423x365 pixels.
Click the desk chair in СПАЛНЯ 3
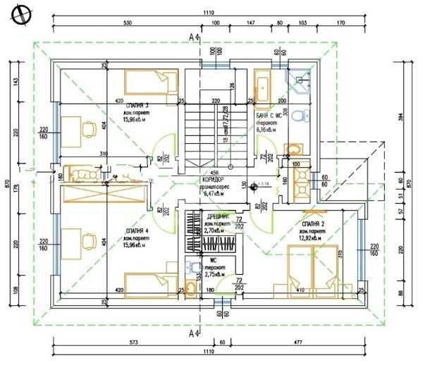(x=89, y=130)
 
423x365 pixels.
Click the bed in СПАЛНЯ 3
(x=148, y=80)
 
